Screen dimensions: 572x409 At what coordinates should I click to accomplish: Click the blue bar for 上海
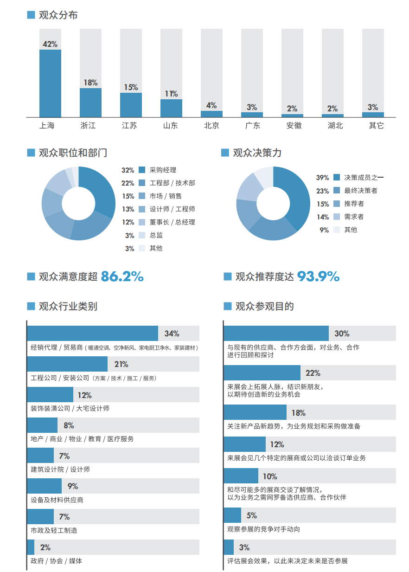click(50, 84)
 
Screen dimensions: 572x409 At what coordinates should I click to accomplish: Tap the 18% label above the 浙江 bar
click(90, 83)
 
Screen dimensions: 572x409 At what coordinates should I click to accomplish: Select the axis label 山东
click(171, 125)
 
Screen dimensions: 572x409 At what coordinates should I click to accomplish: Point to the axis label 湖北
click(332, 125)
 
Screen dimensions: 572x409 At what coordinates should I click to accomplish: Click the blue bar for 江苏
click(131, 105)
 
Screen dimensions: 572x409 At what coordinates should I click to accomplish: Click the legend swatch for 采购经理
click(142, 170)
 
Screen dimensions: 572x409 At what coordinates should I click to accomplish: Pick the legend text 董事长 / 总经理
click(172, 222)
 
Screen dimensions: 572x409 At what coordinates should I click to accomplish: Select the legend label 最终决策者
click(360, 191)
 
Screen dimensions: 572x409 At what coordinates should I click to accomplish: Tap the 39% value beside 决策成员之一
click(322, 178)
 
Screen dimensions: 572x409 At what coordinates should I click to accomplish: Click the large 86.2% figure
click(122, 276)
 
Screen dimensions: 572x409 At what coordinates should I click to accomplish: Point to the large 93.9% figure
click(318, 276)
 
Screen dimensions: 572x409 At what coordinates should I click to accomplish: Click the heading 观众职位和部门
click(73, 153)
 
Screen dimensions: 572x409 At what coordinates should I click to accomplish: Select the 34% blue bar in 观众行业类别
click(92, 334)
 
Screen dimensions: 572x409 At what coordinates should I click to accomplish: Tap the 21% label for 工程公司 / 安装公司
click(121, 364)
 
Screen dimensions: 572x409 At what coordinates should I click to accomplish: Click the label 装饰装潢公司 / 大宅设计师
click(70, 408)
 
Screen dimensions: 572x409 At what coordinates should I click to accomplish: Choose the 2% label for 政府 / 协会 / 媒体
click(45, 547)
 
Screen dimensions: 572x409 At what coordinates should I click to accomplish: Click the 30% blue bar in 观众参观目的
click(276, 334)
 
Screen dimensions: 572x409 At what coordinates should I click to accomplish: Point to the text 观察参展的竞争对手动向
click(263, 529)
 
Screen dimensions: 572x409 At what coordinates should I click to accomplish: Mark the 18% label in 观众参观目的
click(298, 413)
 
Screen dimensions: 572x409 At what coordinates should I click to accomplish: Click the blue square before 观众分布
click(31, 15)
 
